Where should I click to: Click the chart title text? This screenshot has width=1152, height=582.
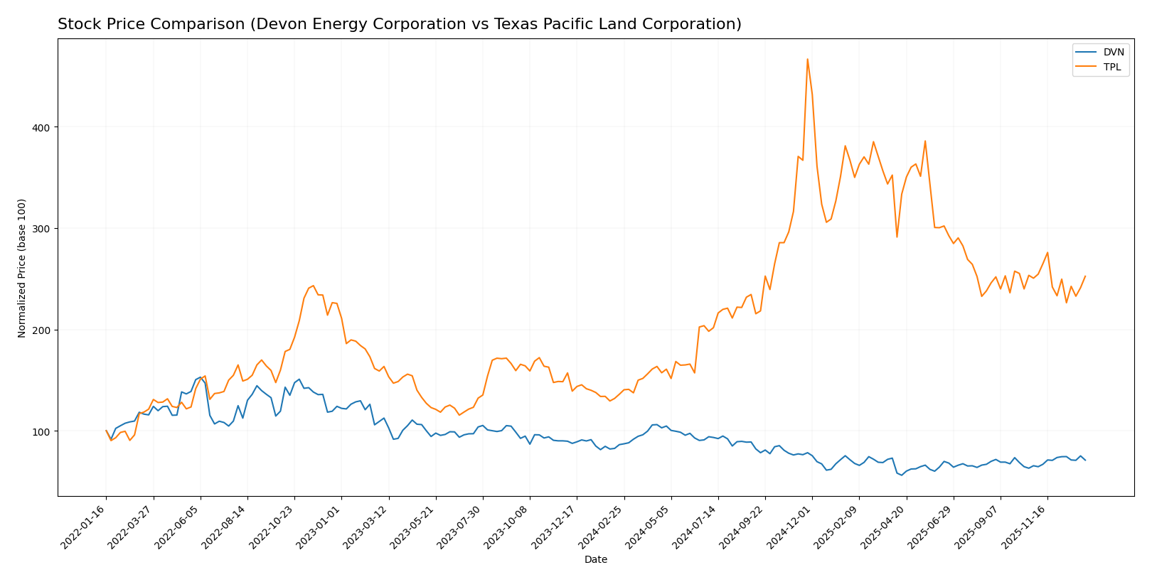(x=399, y=24)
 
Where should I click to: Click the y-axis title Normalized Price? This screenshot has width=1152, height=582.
(x=22, y=268)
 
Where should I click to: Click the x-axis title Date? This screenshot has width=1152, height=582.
(x=595, y=560)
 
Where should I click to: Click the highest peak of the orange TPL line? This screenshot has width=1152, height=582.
(x=807, y=59)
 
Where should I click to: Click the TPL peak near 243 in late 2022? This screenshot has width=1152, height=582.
(x=313, y=286)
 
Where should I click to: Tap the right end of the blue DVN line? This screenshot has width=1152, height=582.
(x=1084, y=460)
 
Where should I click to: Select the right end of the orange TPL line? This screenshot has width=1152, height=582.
(x=1085, y=276)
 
